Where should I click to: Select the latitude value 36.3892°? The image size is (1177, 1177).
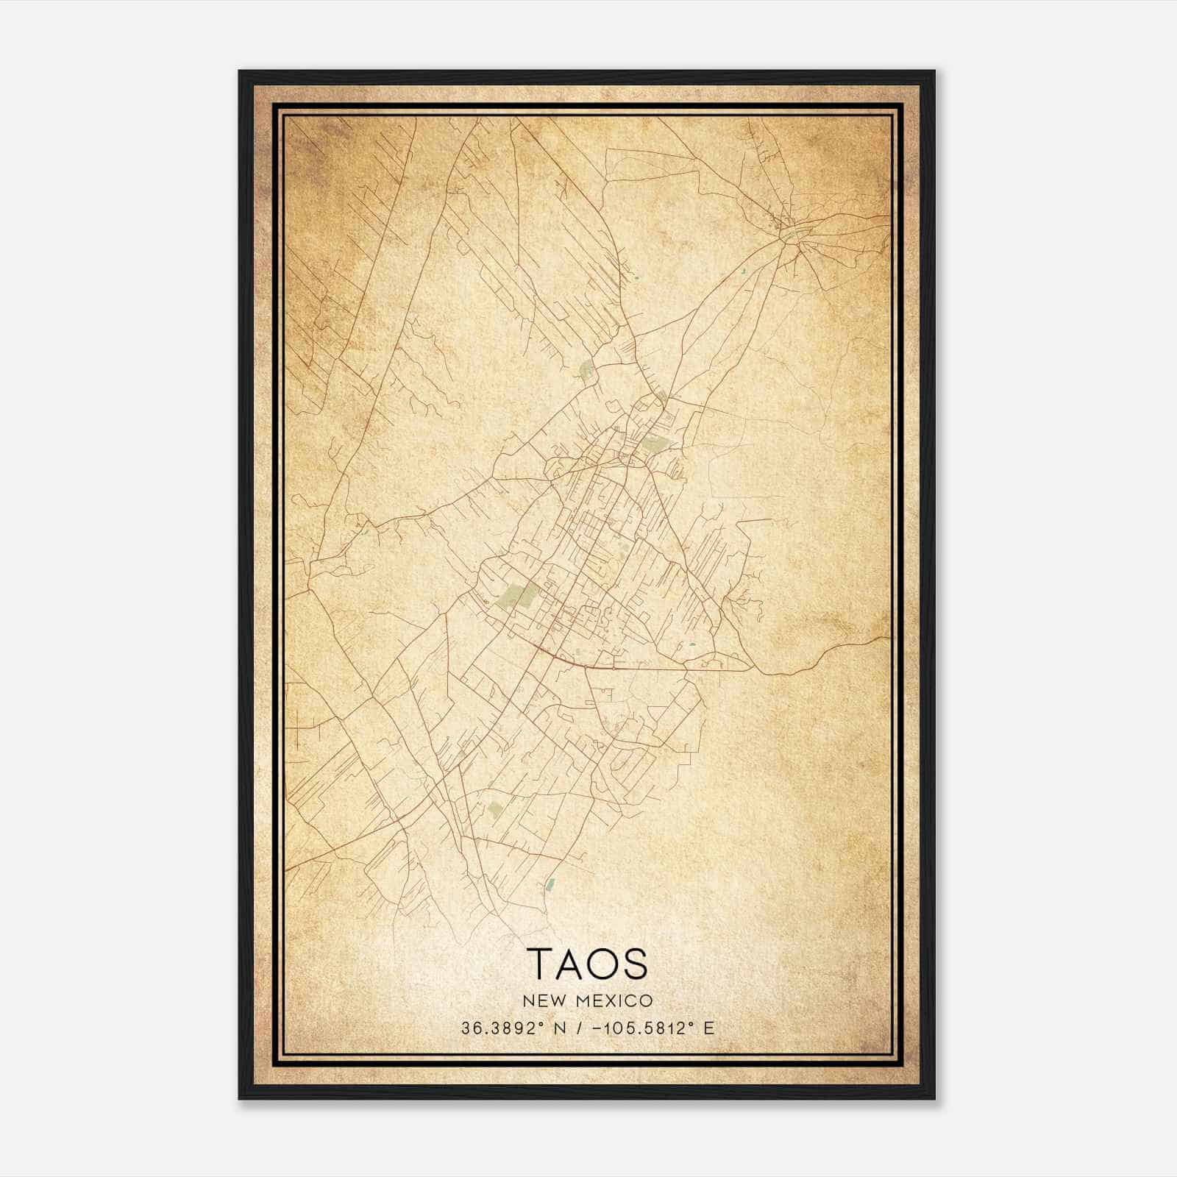pos(492,1028)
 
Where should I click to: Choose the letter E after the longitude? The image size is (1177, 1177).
pos(709,1028)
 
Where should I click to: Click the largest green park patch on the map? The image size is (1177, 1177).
pos(519,594)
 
